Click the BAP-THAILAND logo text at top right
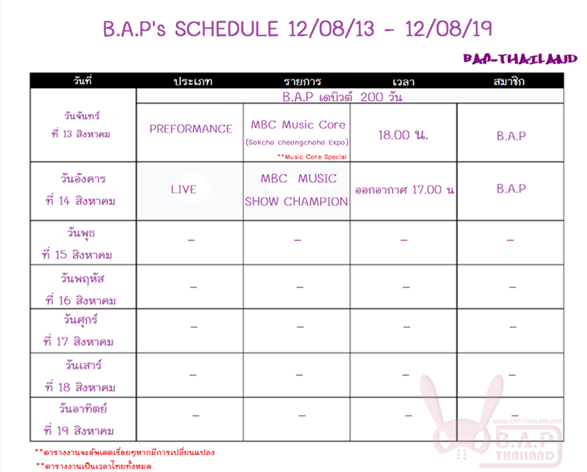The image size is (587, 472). coord(520,59)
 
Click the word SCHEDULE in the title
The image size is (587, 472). coord(227,29)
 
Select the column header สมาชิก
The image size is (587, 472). coord(508,81)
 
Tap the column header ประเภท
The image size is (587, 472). coord(193,81)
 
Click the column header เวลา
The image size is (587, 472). coord(403,82)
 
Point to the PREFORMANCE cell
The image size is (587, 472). coord(191,129)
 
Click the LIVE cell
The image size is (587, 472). coord(183,190)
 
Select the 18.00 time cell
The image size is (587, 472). coord(403,135)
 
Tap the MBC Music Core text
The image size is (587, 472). coord(298,125)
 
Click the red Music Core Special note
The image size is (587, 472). coord(312,157)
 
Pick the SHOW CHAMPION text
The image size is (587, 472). coord(296,202)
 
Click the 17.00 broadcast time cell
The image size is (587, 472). coord(405,190)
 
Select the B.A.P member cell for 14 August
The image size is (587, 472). coord(511,189)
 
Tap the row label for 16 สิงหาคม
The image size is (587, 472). coord(81,290)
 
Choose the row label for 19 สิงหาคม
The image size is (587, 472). coord(79,420)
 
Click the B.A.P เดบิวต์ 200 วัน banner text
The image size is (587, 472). coord(342,97)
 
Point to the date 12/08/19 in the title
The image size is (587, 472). coord(448,29)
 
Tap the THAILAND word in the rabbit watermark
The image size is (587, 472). coord(525,456)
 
